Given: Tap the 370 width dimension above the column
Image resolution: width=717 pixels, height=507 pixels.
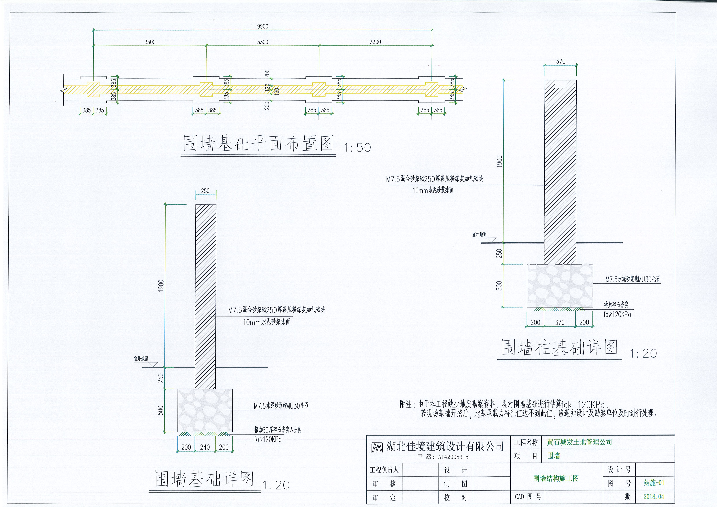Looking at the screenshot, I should pos(561,61).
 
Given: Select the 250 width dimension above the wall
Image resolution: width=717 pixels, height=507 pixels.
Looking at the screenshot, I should pos(205,191).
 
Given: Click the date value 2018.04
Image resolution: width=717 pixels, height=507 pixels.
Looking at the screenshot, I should pos(654,496).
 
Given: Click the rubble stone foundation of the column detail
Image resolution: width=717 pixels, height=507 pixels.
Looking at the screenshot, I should pos(560,286).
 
